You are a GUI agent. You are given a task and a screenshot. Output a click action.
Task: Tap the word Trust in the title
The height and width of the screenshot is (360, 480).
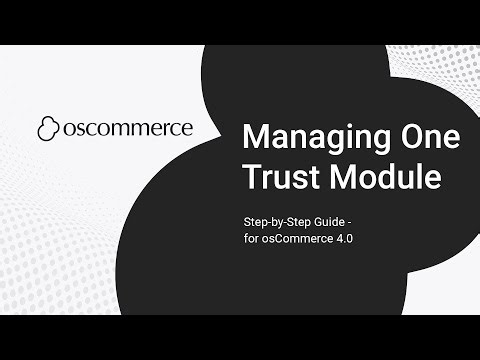tap(279, 179)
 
